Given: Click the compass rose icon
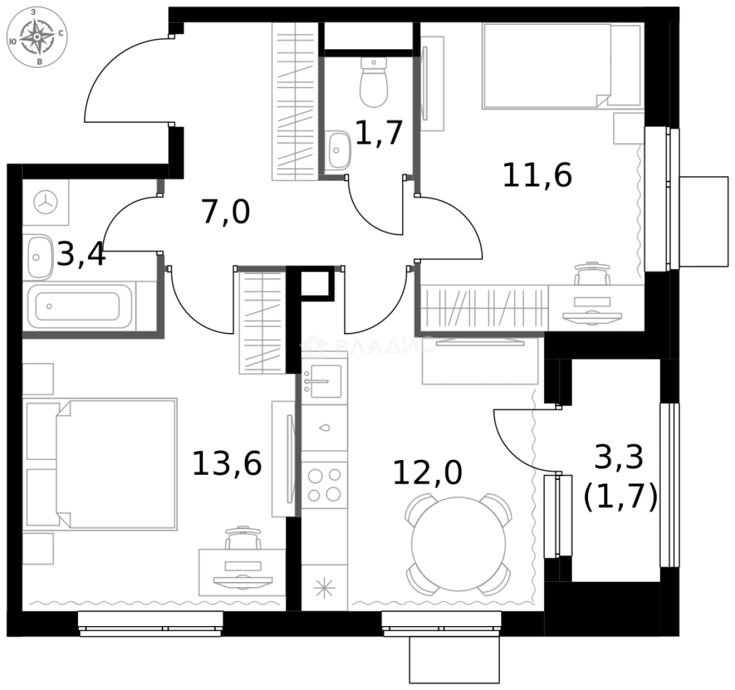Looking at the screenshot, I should click(38, 36).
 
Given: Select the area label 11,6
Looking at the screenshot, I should click(537, 175).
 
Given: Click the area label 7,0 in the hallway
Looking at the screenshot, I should click(225, 212).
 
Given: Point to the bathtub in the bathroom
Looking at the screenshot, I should click(78, 307).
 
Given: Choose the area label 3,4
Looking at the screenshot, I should click(81, 256).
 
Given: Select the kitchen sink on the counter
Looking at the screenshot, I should click(323, 381).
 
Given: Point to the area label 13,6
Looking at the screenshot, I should click(227, 463).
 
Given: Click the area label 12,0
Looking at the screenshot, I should click(426, 473).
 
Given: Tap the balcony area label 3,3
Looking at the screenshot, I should click(619, 457).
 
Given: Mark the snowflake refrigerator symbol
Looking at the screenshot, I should click(324, 588).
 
